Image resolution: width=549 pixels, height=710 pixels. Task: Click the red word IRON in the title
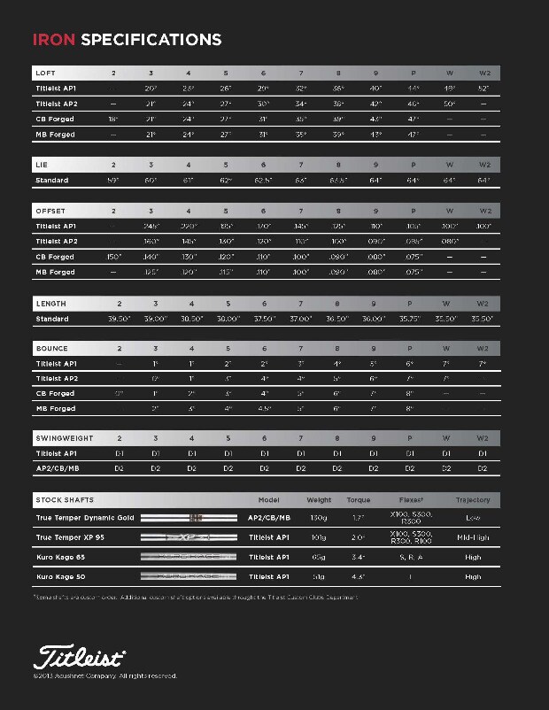click(54, 40)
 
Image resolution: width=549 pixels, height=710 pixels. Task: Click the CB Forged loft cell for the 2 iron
click(113, 119)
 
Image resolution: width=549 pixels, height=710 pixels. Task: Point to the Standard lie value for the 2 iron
click(113, 181)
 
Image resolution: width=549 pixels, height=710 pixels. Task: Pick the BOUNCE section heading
click(51, 349)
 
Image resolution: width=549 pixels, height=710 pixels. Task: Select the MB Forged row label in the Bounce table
click(56, 409)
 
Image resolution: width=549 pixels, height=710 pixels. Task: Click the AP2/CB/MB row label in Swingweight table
click(58, 469)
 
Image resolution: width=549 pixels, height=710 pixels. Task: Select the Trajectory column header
click(472, 500)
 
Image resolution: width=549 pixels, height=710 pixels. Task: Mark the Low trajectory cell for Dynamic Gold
click(472, 518)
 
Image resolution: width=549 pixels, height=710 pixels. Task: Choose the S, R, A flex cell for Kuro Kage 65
click(411, 558)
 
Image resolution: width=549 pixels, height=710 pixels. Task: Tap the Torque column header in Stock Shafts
click(359, 500)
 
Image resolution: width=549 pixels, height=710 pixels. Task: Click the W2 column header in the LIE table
click(483, 165)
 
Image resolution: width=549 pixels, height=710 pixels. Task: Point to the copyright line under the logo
click(105, 676)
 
